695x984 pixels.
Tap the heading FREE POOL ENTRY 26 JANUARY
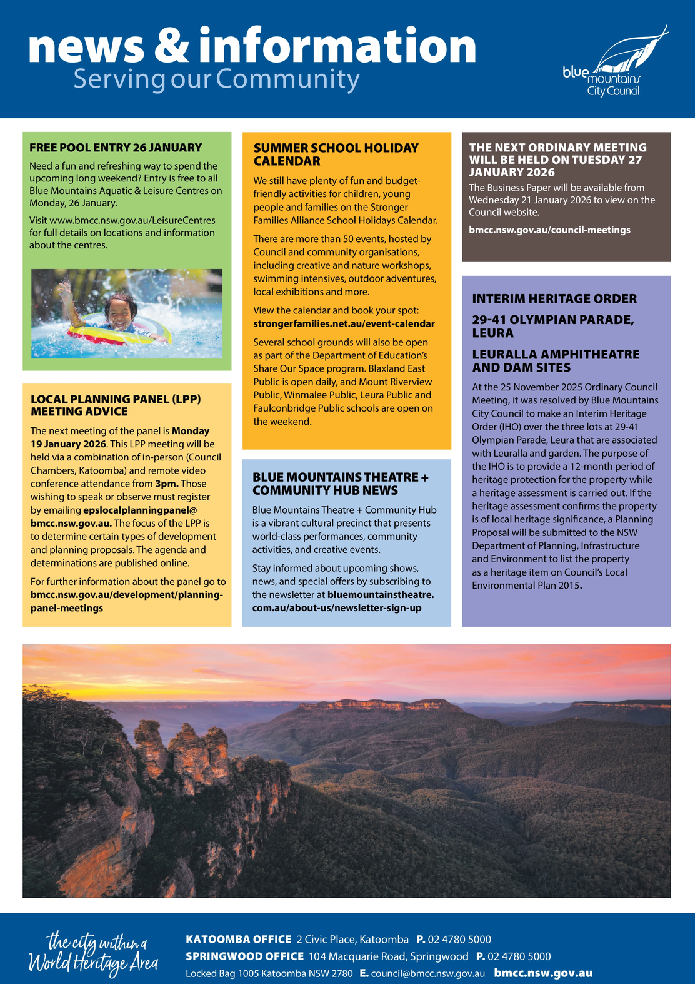(x=116, y=148)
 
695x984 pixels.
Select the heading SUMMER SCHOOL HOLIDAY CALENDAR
(x=336, y=155)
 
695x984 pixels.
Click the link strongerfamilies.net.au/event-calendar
(x=344, y=323)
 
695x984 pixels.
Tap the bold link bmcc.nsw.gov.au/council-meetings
(x=549, y=230)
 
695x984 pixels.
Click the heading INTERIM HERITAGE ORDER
(x=554, y=298)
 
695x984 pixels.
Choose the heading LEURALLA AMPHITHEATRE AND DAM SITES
(x=556, y=361)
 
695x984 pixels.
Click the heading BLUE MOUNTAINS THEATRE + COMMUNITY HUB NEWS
(x=340, y=484)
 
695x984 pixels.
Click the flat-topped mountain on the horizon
(x=381, y=706)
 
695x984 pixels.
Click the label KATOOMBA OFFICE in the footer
(x=238, y=939)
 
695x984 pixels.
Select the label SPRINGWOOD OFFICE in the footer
(x=244, y=956)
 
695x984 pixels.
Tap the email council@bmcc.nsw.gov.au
(x=427, y=973)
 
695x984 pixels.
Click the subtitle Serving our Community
(x=216, y=79)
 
